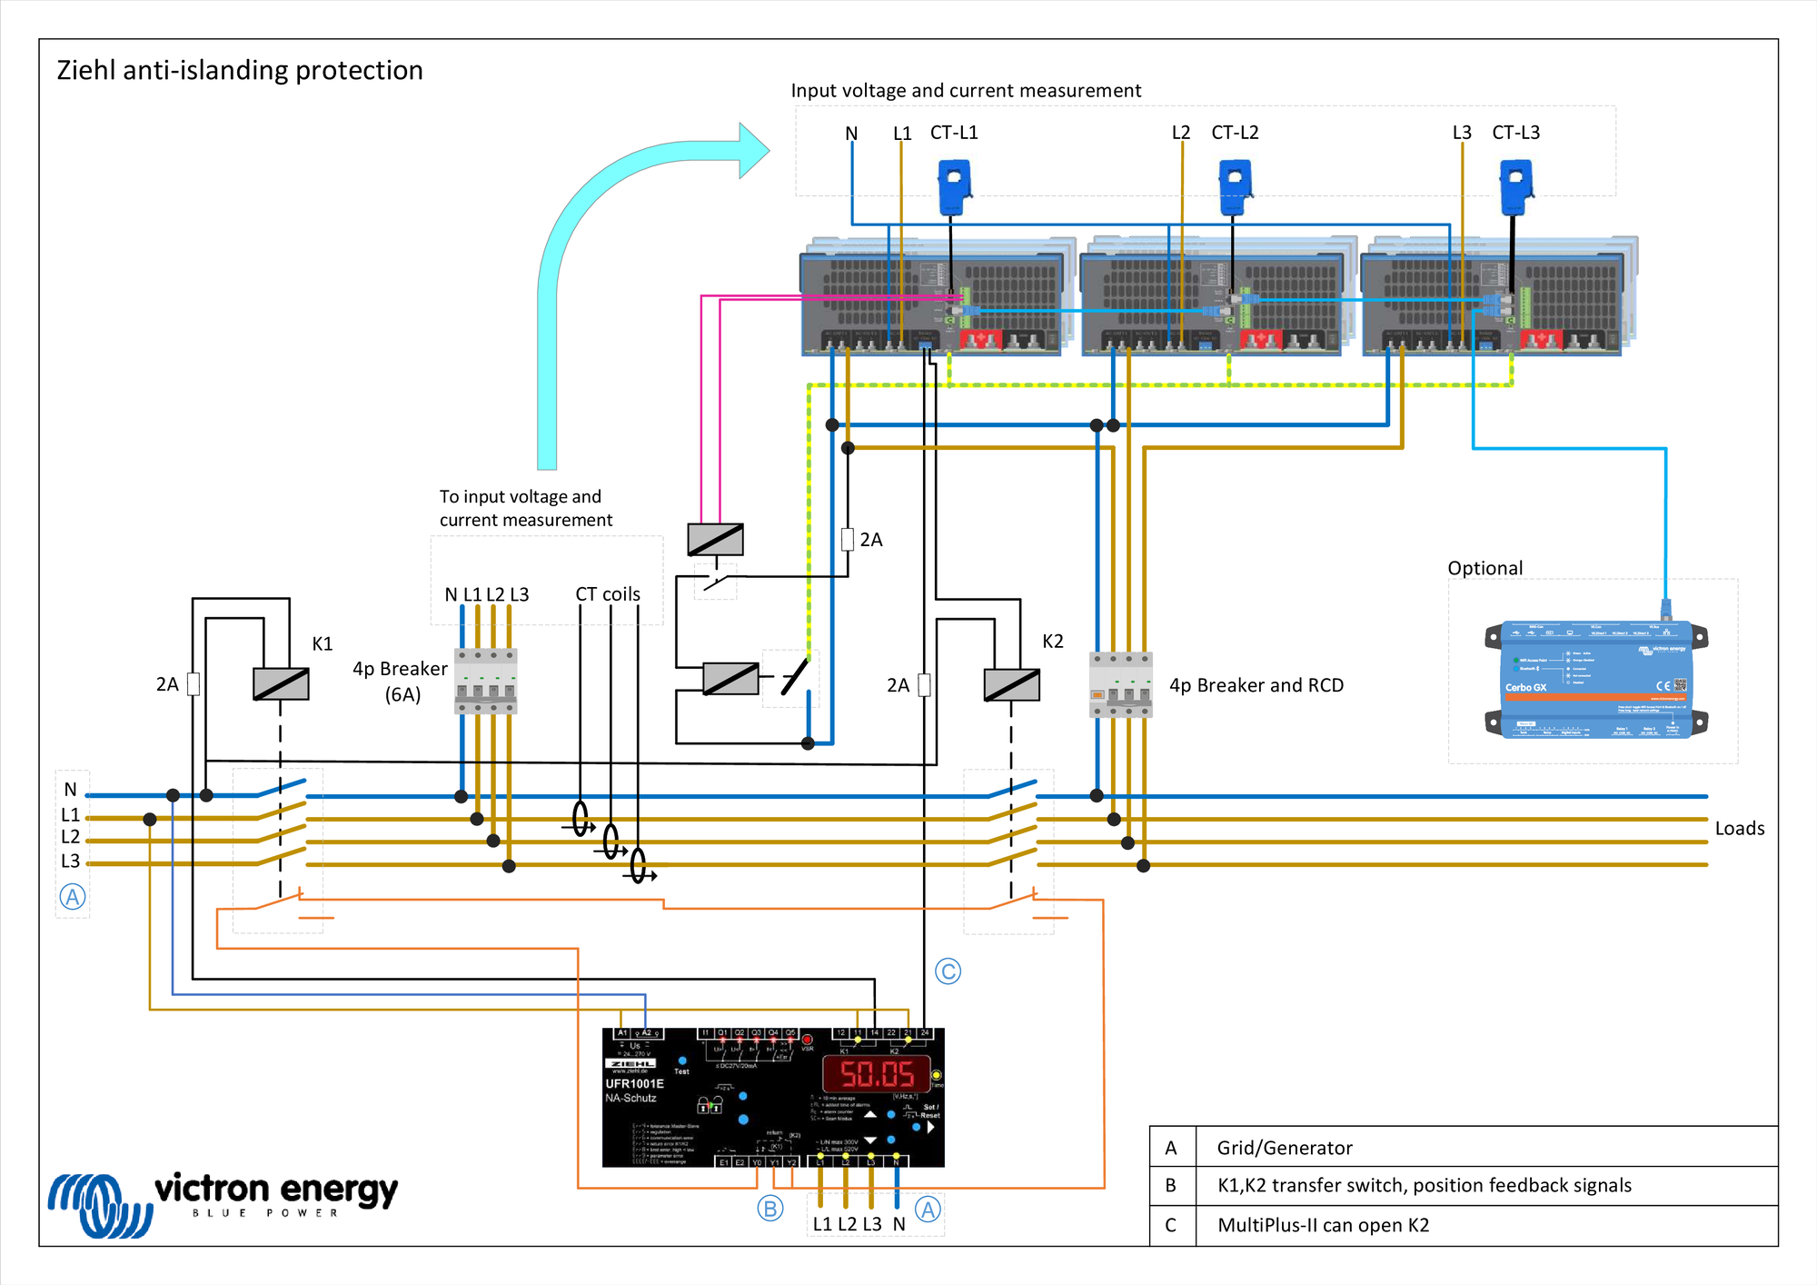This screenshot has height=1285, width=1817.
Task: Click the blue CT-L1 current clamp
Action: tap(955, 186)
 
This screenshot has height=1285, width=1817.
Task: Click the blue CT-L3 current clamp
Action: tap(1516, 186)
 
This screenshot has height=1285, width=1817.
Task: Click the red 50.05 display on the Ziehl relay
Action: tap(877, 1074)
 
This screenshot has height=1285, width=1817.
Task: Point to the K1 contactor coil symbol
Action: tap(281, 683)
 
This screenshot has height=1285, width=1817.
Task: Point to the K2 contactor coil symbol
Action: tap(1011, 684)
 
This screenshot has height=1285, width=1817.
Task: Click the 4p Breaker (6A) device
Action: tap(485, 681)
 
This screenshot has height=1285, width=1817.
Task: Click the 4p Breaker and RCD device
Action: tap(1120, 684)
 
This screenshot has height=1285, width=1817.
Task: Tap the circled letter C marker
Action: tap(948, 971)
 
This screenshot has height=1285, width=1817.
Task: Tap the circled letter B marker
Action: tap(769, 1209)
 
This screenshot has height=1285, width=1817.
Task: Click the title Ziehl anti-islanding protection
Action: tap(240, 70)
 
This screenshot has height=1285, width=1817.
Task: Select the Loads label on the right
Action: tap(1739, 828)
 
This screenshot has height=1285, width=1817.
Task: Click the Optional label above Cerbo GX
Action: tap(1484, 568)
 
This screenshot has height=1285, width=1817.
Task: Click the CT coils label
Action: tap(607, 593)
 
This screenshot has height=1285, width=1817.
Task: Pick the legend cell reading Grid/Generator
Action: tap(1284, 1148)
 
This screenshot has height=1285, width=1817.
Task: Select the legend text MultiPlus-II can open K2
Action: tap(1323, 1225)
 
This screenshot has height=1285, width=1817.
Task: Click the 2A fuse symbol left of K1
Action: tap(194, 683)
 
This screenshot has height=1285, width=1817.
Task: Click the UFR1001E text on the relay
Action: tap(634, 1083)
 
